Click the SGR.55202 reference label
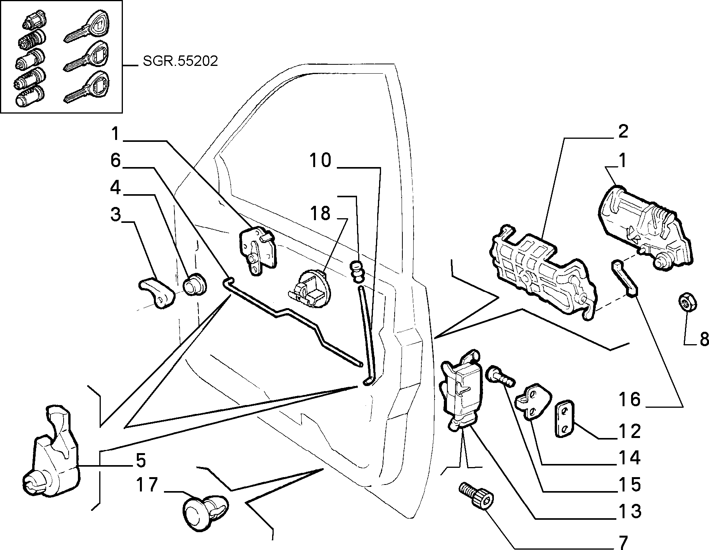[x=180, y=61]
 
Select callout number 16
[x=630, y=400]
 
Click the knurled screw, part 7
[x=477, y=497]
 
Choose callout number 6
[x=116, y=160]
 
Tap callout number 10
[x=320, y=160]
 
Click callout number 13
[x=630, y=511]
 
